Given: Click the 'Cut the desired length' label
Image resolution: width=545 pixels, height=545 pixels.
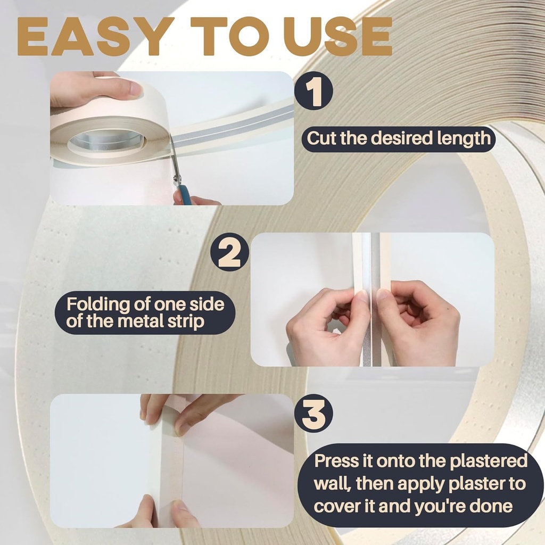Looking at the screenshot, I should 399,138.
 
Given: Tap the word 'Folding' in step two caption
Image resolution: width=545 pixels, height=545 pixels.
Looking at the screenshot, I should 100,305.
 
